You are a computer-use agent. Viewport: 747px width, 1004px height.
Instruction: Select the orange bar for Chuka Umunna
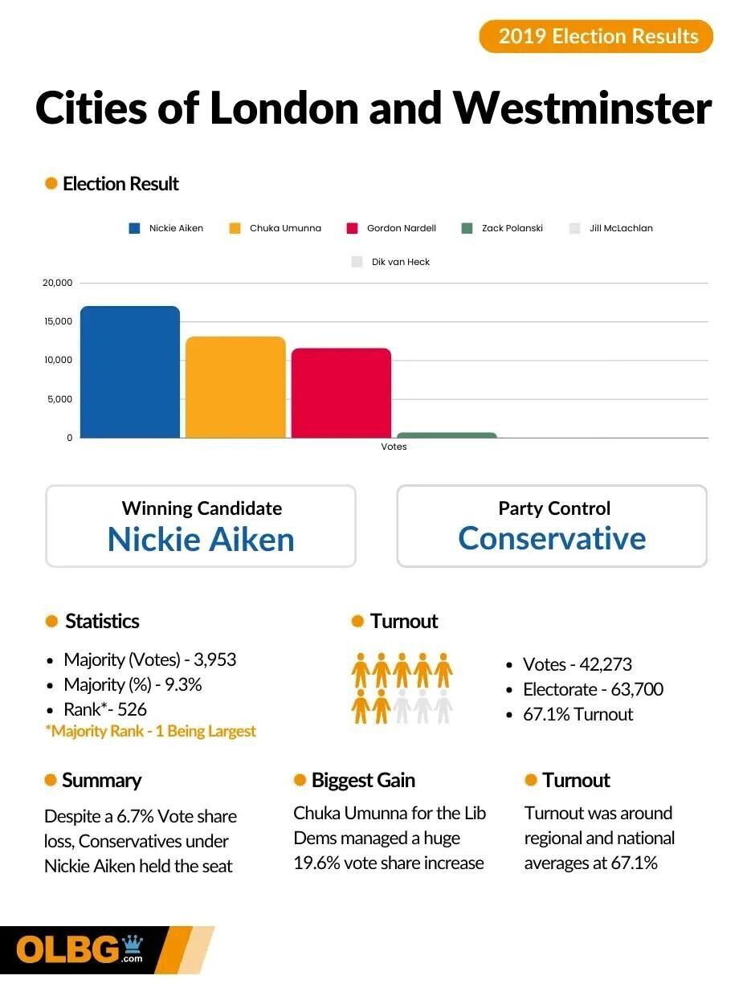(235, 387)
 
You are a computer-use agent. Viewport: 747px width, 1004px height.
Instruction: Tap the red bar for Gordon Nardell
(341, 393)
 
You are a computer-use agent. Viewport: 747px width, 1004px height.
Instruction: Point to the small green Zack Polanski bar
(447, 435)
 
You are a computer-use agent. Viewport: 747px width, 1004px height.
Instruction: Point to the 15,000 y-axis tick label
(57, 321)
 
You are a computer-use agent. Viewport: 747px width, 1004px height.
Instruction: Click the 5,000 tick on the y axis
(59, 399)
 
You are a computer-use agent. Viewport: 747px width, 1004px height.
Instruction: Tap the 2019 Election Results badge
(596, 36)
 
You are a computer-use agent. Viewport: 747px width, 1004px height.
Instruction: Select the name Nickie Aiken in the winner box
(201, 540)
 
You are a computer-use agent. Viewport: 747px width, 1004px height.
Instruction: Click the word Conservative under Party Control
(552, 538)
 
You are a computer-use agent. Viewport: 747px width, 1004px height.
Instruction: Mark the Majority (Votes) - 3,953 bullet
(149, 660)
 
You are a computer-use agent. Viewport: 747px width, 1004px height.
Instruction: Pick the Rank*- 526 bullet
(105, 709)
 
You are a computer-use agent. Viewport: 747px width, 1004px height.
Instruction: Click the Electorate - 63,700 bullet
(593, 689)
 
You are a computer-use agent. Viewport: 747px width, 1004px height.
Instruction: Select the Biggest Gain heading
(362, 780)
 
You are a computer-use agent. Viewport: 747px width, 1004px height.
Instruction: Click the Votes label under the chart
(394, 447)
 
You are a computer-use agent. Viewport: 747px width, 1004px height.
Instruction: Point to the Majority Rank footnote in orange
(150, 731)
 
